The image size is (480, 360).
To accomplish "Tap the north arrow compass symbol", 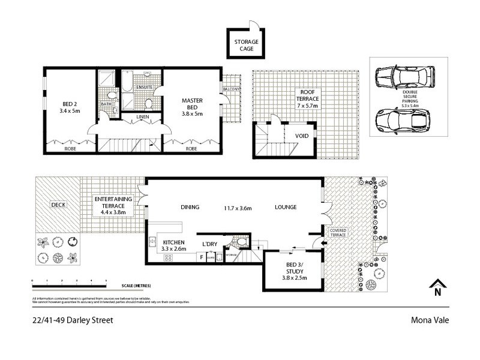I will coord(437,288).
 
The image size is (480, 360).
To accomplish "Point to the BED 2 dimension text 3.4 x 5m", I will coord(71,111).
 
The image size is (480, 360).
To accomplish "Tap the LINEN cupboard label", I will coord(142,116).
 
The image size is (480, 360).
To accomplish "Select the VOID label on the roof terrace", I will coord(302,136).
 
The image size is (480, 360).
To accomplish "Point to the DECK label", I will coord(58,204).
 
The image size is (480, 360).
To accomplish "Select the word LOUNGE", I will coord(286,208).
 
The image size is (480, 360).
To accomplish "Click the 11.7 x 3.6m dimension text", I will coord(238,208).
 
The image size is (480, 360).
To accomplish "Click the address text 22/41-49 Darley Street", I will coord(72,320).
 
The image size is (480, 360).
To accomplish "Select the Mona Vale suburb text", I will coord(429,320).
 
